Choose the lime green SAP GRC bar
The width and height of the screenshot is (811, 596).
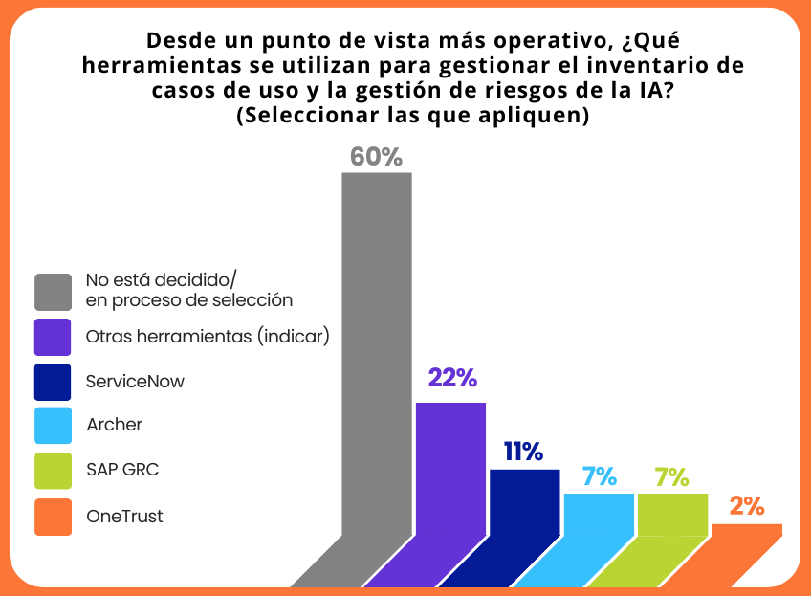tap(672, 517)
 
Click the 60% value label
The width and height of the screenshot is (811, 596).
tap(376, 157)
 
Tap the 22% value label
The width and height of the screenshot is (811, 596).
tap(451, 378)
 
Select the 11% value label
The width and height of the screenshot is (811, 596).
tap(524, 452)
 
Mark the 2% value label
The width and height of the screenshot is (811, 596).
tap(747, 507)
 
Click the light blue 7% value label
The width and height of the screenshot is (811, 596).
tap(599, 476)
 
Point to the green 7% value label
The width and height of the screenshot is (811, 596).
tap(672, 476)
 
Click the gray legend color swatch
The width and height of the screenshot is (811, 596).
tap(53, 292)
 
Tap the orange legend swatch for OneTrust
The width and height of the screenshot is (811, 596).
tap(53, 517)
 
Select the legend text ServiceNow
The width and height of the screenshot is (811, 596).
tap(135, 381)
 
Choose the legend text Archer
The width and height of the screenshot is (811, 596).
tap(114, 425)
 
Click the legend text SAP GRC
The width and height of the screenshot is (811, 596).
tap(122, 471)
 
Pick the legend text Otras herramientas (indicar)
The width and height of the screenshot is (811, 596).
tap(208, 337)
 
